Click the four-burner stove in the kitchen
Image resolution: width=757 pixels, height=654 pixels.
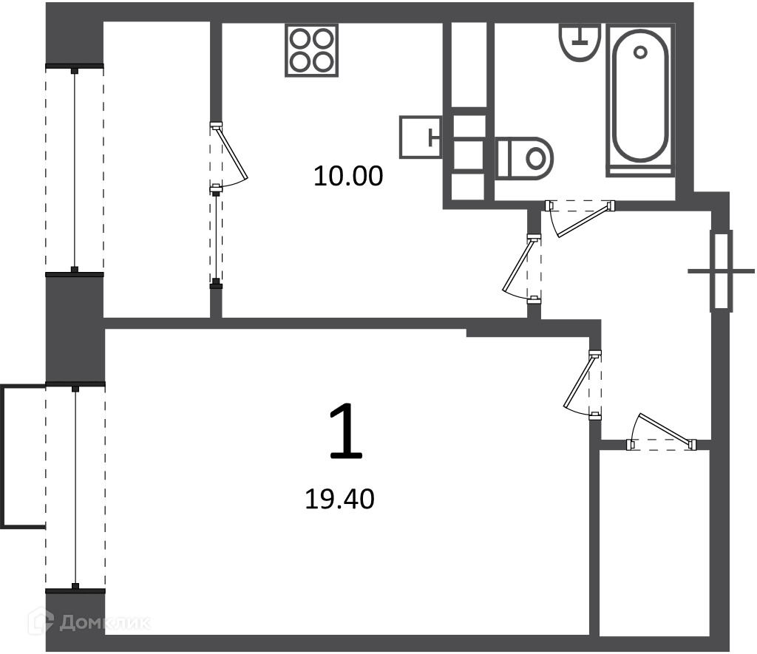(x=311, y=50)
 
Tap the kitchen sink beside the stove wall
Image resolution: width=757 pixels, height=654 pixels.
(x=421, y=137)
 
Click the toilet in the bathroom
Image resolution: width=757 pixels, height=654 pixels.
(x=524, y=158)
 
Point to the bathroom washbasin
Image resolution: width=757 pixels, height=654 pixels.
(x=580, y=41)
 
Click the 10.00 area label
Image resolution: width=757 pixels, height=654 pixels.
(x=348, y=176)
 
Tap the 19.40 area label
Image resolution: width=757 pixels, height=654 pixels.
(x=340, y=499)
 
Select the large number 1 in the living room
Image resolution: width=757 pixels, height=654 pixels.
(x=346, y=432)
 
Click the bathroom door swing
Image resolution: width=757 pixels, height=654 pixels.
(x=580, y=218)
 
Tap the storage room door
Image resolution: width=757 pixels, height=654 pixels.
(x=662, y=432)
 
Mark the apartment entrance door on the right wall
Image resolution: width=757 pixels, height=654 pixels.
(x=722, y=271)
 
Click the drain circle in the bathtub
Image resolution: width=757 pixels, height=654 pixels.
(x=641, y=52)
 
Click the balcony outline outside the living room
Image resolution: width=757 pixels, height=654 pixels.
(x=23, y=456)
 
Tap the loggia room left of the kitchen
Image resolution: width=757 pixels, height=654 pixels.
(x=157, y=170)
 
